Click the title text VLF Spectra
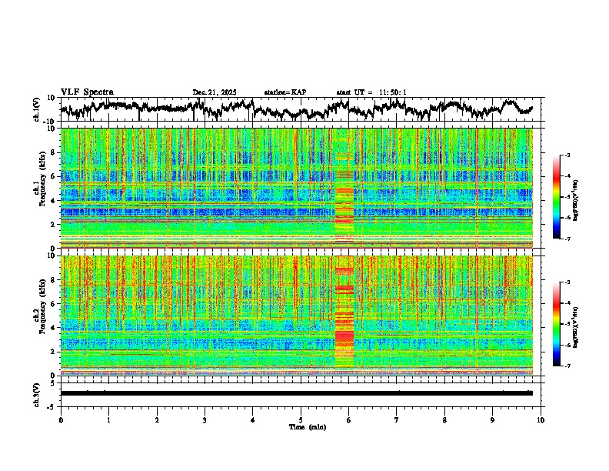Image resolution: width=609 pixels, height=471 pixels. point(87,92)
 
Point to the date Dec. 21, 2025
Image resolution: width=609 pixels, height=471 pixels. point(215,92)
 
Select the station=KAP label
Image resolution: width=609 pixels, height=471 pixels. point(285,92)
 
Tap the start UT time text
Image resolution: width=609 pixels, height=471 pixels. point(371,92)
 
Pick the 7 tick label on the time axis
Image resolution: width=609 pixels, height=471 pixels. point(397,419)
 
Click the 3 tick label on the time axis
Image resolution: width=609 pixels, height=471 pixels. point(205,419)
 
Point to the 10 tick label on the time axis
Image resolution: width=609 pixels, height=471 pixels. point(541,419)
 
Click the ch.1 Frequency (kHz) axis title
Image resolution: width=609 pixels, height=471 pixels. point(38,188)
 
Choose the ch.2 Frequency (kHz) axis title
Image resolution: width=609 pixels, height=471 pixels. point(38,315)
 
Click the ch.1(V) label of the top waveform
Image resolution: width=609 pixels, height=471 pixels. point(37,109)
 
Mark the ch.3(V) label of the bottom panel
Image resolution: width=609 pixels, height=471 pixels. point(37,392)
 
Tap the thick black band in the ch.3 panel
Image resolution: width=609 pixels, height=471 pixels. point(296,393)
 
